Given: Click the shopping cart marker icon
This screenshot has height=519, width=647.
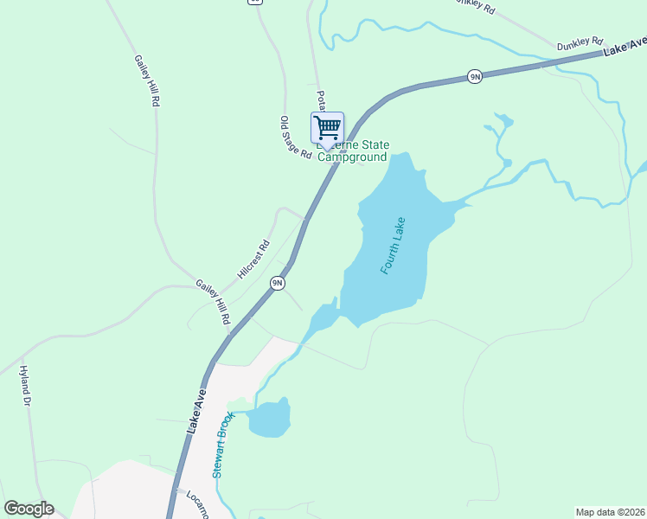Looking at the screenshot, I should pos(327,128).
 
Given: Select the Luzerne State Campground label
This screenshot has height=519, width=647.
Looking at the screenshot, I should pos(353,151).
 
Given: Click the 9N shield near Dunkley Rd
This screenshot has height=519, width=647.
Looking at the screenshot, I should pos(474,77).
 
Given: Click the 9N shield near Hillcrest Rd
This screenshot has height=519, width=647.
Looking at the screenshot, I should pos(277,283).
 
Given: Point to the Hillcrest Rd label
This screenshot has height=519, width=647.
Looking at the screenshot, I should pos(253,259).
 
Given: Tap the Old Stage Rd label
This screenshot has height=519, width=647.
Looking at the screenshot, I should pos(295,138).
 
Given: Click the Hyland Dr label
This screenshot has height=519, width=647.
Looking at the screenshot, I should pos(24,386).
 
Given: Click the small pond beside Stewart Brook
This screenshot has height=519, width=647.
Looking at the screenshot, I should pos(269,420).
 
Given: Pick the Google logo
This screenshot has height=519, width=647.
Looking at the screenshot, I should pos(29,509).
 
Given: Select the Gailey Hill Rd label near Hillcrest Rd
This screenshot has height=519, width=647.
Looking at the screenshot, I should pos(213,302).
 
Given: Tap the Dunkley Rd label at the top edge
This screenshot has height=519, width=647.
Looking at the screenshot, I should pos(475,8).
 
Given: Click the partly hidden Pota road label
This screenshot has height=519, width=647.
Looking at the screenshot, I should pos(320,99).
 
